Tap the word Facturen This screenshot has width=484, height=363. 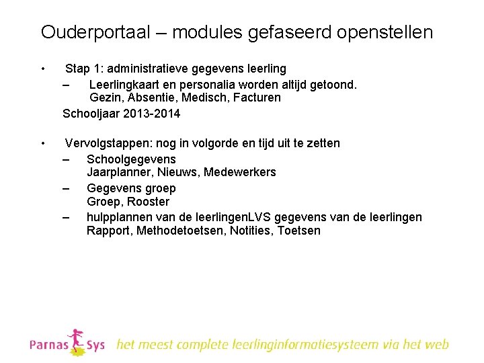256,98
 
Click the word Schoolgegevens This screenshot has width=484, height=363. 131,159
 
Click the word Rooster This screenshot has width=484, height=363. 149,202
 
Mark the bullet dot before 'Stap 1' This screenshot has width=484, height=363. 42,68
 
